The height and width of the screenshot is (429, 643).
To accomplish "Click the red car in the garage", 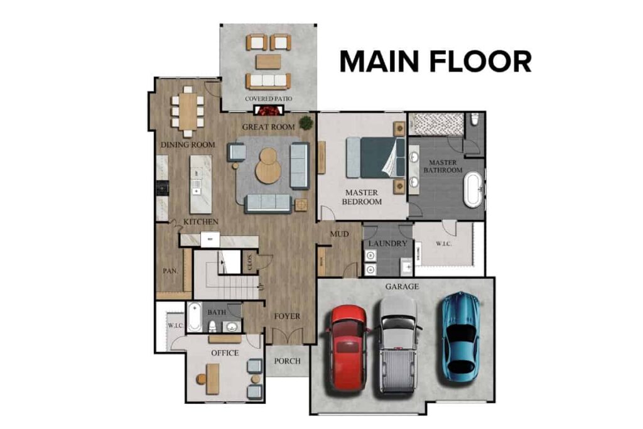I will coord(346,346).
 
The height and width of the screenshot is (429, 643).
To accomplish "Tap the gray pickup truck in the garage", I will coord(398,344).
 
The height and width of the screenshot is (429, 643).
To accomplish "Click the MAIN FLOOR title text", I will coord(435,62).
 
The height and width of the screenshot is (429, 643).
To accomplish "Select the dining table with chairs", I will coord(187,111).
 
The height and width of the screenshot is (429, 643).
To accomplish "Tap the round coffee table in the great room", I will coord(269,165).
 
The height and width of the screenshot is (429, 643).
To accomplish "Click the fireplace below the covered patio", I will coord(269,111).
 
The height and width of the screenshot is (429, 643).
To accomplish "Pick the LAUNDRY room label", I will coord(387,244).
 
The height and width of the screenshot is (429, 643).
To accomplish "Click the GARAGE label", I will coord(402,286).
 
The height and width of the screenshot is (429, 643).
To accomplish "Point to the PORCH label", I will coord(288,361).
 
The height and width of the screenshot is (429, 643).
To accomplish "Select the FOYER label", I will coord(287,316).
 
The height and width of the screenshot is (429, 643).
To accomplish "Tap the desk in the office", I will coord(213,379).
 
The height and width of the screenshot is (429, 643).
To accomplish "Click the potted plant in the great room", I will coord(306,122).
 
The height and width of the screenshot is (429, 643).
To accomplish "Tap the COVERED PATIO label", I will coord(268,99).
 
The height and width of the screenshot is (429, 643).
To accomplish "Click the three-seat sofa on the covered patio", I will coord(268,80).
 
